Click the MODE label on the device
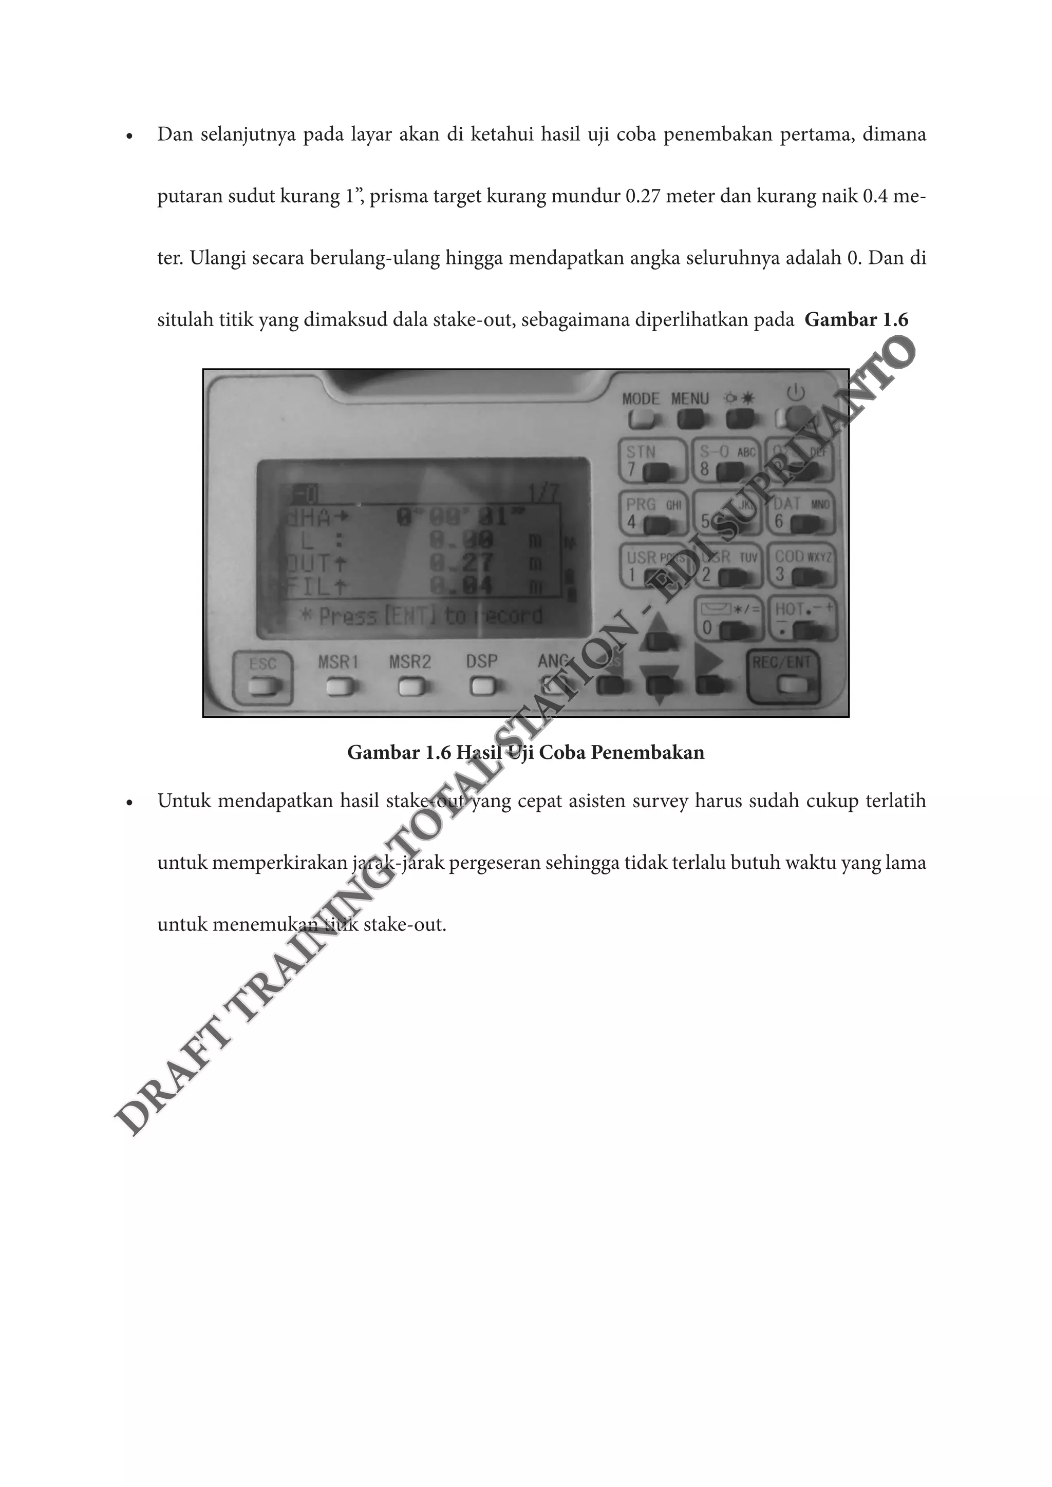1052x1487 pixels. pos(641,399)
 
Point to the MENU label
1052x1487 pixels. pos(690,399)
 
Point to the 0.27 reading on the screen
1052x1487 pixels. pos(462,562)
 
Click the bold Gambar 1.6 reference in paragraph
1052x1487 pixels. pos(856,320)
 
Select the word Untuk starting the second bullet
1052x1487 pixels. pos(184,801)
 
